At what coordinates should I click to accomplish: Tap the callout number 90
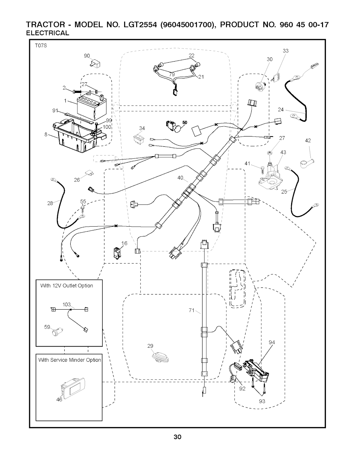pyautogui.click(x=87, y=56)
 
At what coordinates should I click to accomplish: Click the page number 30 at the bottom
pyautogui.click(x=177, y=438)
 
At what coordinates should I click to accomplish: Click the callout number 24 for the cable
pyautogui.click(x=281, y=110)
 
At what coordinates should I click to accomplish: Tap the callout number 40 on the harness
pyautogui.click(x=180, y=178)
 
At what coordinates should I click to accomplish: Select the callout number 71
pyautogui.click(x=191, y=310)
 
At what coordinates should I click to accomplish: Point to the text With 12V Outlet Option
pyautogui.click(x=67, y=286)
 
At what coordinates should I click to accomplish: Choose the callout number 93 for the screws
pyautogui.click(x=262, y=401)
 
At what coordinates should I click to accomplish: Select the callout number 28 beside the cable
pyautogui.click(x=50, y=203)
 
